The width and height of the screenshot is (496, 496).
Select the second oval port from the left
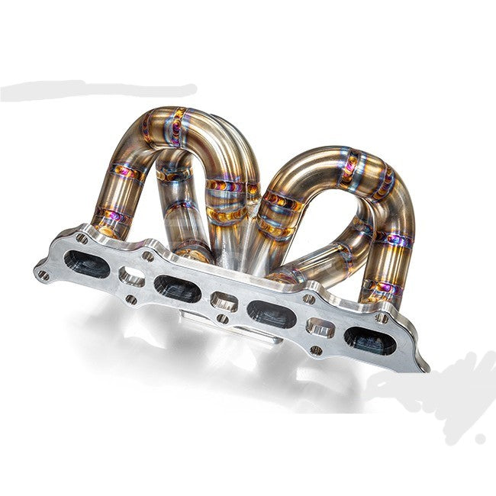(x=177, y=286)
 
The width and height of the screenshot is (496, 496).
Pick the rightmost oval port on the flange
(x=369, y=340)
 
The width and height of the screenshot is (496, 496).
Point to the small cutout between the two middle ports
(x=224, y=301)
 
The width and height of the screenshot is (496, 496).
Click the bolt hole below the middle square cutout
(x=221, y=318)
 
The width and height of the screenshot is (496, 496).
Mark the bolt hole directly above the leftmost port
(x=82, y=238)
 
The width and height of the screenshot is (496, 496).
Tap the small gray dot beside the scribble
(x=479, y=440)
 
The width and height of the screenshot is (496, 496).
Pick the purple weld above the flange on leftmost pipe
(x=111, y=217)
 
